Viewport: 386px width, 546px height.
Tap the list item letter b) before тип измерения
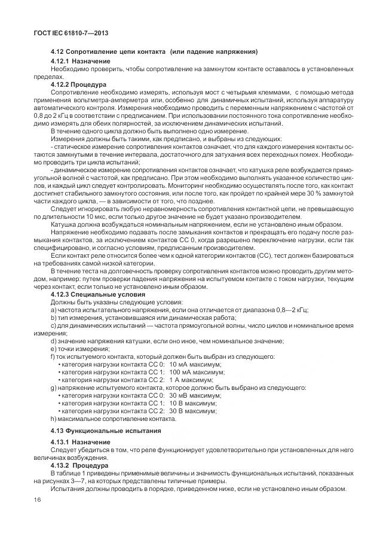pyautogui.click(x=54, y=318)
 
